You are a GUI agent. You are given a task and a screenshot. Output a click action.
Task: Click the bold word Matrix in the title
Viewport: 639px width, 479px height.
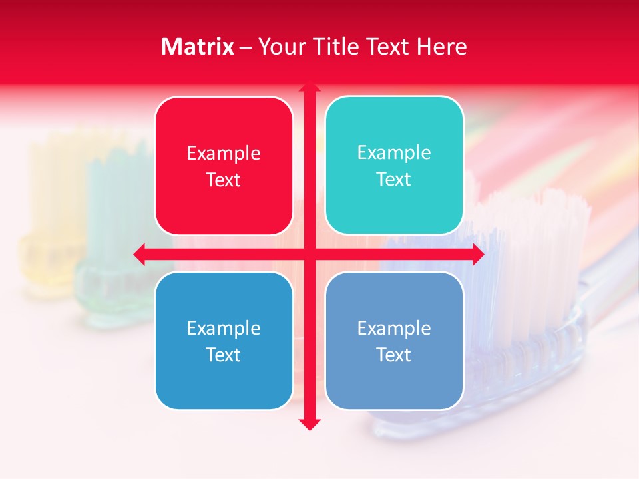(x=198, y=47)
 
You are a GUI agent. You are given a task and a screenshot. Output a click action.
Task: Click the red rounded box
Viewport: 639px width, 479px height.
(x=224, y=166)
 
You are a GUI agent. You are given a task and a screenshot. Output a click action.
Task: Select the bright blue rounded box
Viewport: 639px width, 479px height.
(x=224, y=341)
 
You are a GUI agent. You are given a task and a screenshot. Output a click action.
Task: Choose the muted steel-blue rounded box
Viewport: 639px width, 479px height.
(x=394, y=341)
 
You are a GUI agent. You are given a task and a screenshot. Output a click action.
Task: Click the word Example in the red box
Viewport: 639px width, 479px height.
(x=224, y=154)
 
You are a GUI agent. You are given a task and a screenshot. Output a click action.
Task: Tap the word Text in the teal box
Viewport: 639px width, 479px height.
(x=394, y=179)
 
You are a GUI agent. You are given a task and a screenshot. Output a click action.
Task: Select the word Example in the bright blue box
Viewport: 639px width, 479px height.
(x=224, y=328)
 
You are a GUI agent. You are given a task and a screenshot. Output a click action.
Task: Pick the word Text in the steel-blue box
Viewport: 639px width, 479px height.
(x=394, y=355)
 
